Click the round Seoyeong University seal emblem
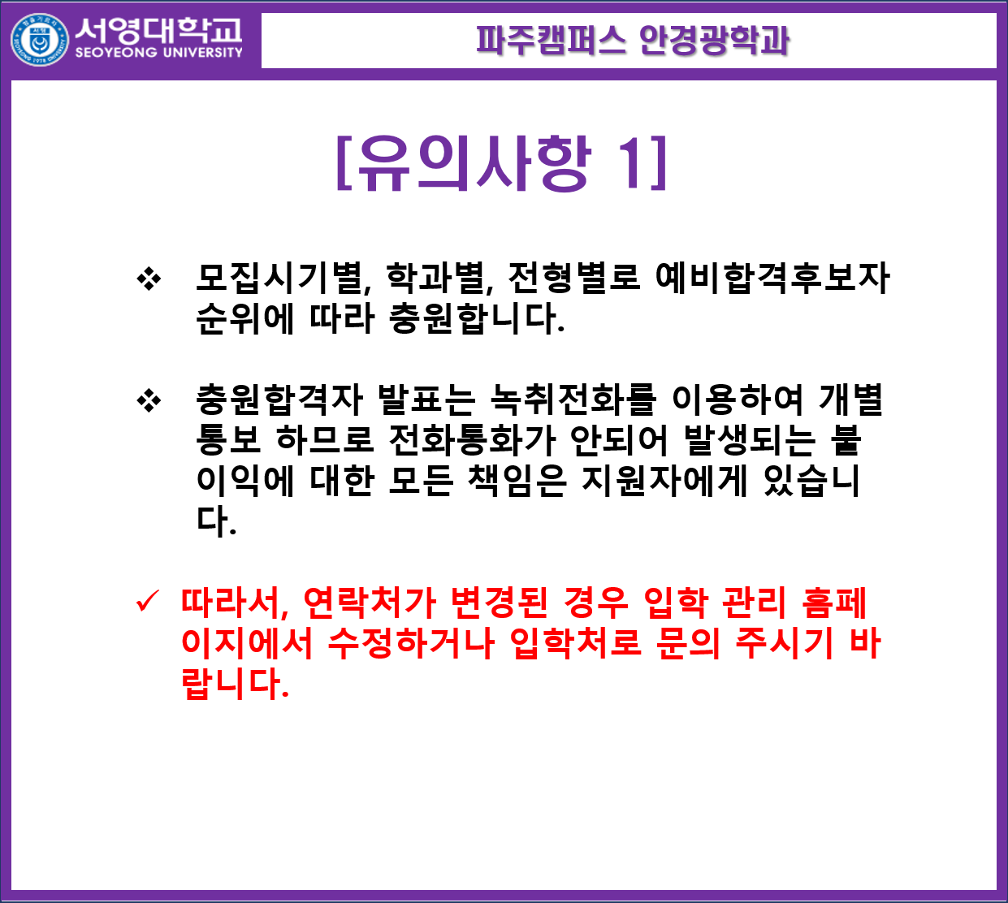point(40,40)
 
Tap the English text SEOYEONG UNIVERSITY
point(159,52)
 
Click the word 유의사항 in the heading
point(476,162)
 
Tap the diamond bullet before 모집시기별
point(149,279)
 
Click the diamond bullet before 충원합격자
point(149,400)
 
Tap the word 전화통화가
point(472,440)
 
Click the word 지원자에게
point(664,481)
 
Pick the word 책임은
point(517,481)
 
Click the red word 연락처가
point(370,603)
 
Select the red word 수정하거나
point(411,643)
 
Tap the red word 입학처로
point(575,643)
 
